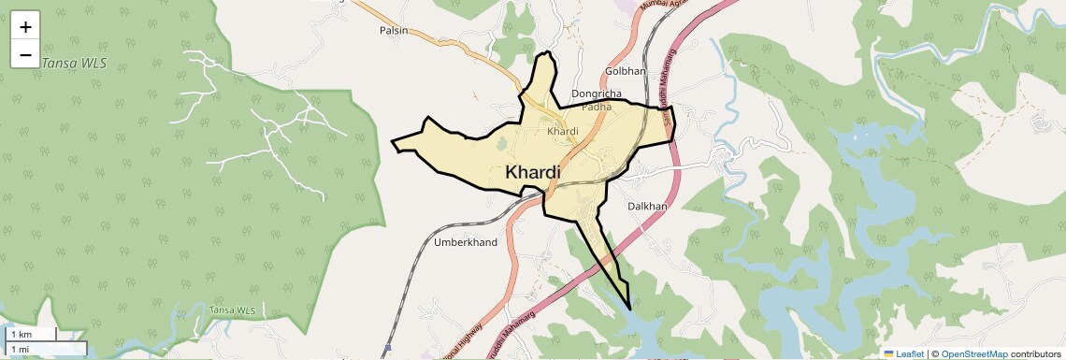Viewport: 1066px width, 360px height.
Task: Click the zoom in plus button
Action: pos(25,27)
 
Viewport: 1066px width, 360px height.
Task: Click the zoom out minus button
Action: pos(25,55)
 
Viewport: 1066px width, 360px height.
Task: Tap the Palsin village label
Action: pos(395,31)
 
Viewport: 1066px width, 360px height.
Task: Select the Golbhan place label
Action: pos(626,71)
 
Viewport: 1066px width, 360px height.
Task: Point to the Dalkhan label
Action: pos(647,206)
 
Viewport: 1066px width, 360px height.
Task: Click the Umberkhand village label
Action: pos(467,242)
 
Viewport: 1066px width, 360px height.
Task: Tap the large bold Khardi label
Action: pos(533,172)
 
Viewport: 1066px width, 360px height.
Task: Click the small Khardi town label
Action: pos(563,131)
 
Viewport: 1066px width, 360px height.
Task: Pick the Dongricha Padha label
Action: pos(597,100)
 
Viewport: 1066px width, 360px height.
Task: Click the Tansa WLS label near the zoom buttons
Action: pos(74,63)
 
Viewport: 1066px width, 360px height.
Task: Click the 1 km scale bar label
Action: pos(22,334)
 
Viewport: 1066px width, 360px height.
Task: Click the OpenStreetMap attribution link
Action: pos(973,353)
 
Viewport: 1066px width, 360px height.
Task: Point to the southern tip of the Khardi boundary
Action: pos(630,310)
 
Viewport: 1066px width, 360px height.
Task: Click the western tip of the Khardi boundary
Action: pos(392,142)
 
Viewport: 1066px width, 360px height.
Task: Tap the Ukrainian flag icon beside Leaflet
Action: pos(888,353)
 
